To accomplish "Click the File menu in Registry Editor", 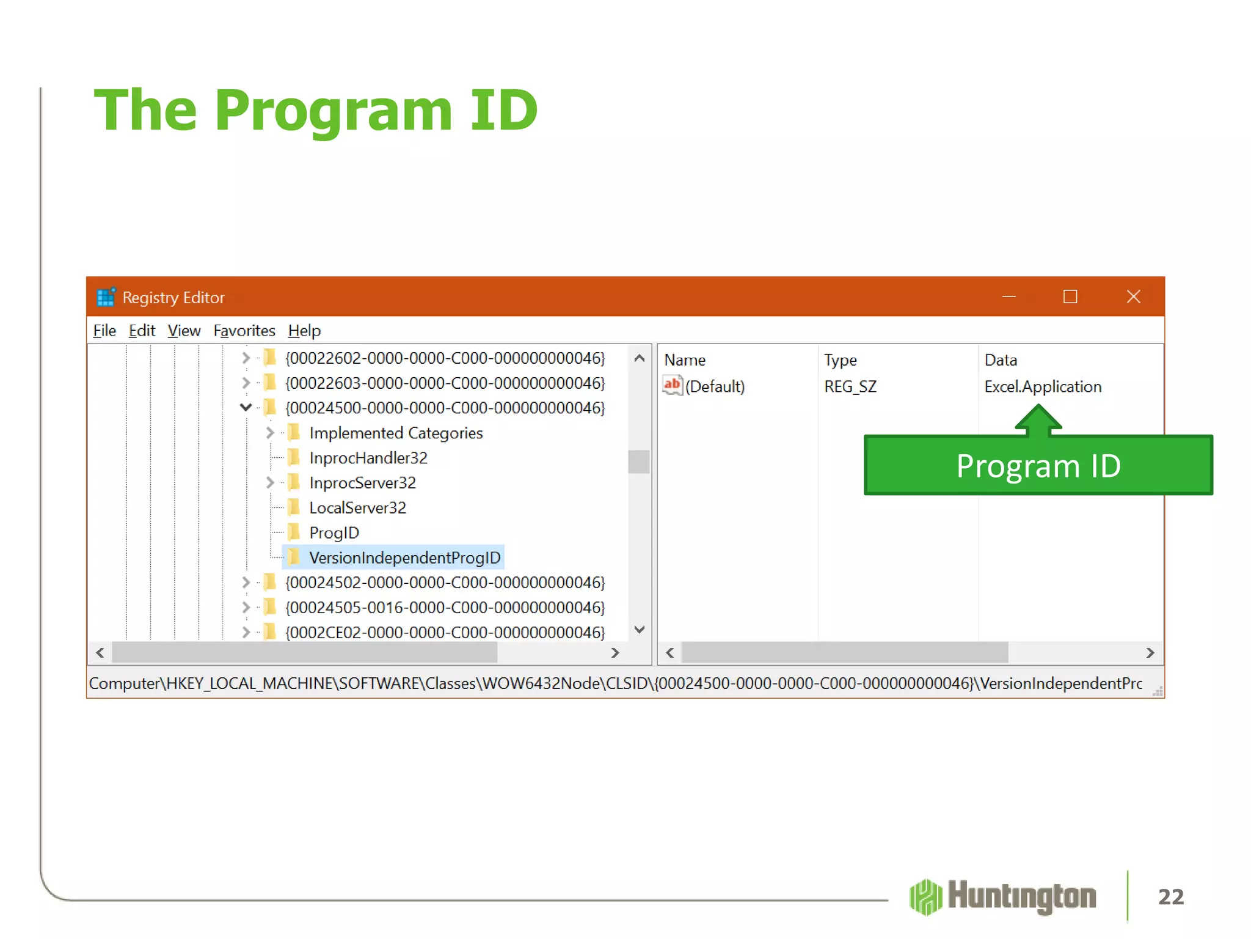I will click(104, 331).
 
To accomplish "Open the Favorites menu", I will click(244, 331).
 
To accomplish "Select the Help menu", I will click(304, 331).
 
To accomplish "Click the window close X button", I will click(1133, 297).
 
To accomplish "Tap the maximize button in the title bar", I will click(1070, 297).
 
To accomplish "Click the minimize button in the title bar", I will click(1008, 297).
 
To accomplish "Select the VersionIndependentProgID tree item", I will click(404, 558).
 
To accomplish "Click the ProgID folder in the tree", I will click(334, 532).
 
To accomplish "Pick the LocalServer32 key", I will click(357, 507).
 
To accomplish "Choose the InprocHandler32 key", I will click(368, 458).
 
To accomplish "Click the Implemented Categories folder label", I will click(396, 433).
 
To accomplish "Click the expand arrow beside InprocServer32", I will click(270, 483).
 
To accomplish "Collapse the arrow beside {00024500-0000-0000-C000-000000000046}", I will click(246, 407).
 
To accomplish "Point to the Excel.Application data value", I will click(1043, 386).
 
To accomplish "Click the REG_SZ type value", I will click(850, 386).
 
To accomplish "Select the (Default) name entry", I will click(714, 386).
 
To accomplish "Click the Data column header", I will click(1001, 360).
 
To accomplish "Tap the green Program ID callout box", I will click(1038, 466).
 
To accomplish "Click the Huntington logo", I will click(1002, 897).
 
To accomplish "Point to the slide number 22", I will click(1170, 897).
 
